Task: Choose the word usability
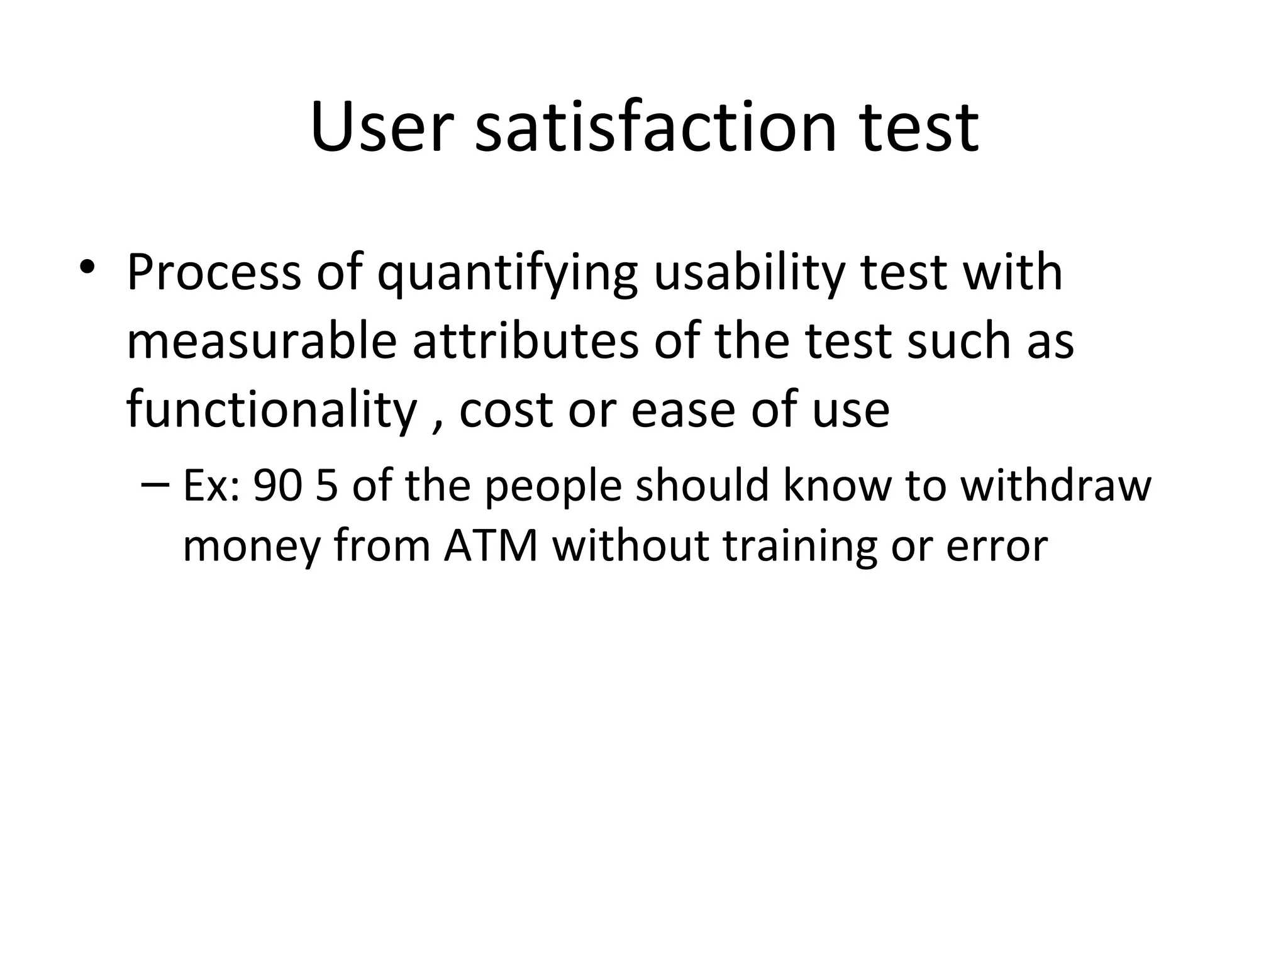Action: click(748, 274)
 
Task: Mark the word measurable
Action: click(262, 341)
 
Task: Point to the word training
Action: click(799, 546)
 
